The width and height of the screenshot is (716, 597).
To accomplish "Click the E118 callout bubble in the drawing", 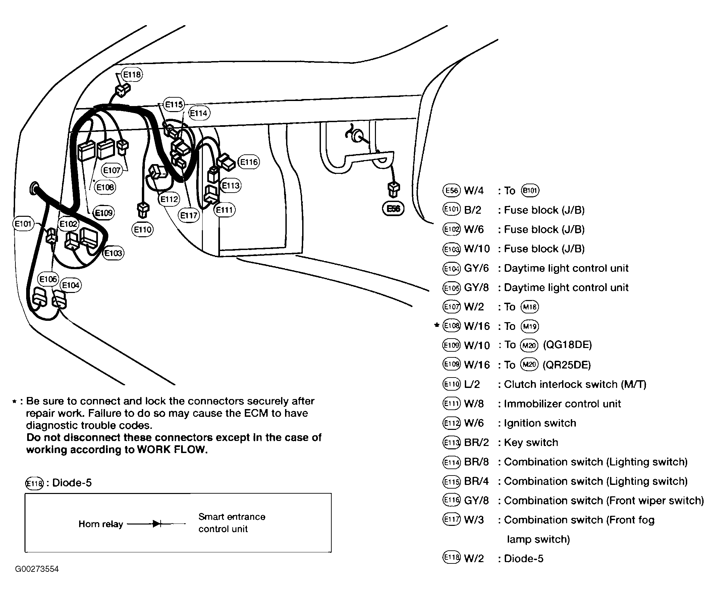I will point(131,74).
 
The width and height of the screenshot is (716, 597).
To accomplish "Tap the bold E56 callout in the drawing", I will point(393,208).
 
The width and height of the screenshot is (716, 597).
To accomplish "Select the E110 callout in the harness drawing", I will point(143,230).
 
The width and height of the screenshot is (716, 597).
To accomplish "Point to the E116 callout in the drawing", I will point(249,162).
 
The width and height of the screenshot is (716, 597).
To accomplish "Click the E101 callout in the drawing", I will point(23,224).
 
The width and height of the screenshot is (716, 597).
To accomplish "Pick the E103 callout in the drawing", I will point(113,253).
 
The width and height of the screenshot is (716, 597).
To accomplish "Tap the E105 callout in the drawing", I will point(48,279).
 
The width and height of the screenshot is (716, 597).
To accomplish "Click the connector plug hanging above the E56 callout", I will point(394,189).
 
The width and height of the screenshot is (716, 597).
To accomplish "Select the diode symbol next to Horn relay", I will point(157,524).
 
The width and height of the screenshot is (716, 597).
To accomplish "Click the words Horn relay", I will point(101,524).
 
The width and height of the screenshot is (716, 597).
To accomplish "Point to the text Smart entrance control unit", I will point(231,523).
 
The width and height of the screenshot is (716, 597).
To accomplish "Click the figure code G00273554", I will point(37,569).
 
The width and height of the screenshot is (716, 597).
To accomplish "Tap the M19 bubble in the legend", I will point(530,327).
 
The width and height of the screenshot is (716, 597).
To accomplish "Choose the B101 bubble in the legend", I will point(530,191).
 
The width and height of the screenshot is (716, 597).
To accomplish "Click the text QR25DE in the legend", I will point(567,365).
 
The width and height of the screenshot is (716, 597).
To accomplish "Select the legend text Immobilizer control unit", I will point(562,404).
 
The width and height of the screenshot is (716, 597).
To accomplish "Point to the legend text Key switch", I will point(531,442).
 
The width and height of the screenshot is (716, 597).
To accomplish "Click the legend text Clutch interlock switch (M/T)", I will point(575,385).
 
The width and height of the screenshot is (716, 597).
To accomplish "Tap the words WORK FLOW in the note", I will point(172,450).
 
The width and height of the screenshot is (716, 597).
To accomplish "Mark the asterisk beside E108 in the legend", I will point(437,325).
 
